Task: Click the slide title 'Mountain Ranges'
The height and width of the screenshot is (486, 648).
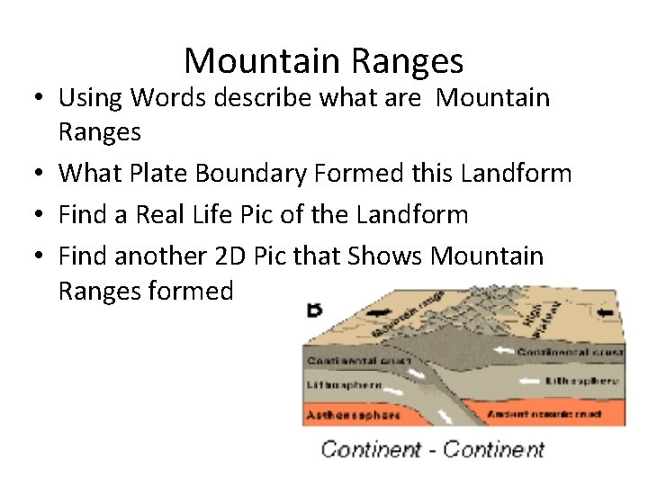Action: coord(324,60)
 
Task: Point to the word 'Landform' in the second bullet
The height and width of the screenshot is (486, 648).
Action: coord(516,172)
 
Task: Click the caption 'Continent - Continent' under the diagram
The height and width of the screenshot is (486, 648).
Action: coord(433,448)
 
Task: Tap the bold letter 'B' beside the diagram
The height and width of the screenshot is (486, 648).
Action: coord(315,311)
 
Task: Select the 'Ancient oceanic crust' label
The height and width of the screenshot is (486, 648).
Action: coord(556,413)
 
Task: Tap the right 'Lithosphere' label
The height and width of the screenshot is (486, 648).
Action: coord(581,381)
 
